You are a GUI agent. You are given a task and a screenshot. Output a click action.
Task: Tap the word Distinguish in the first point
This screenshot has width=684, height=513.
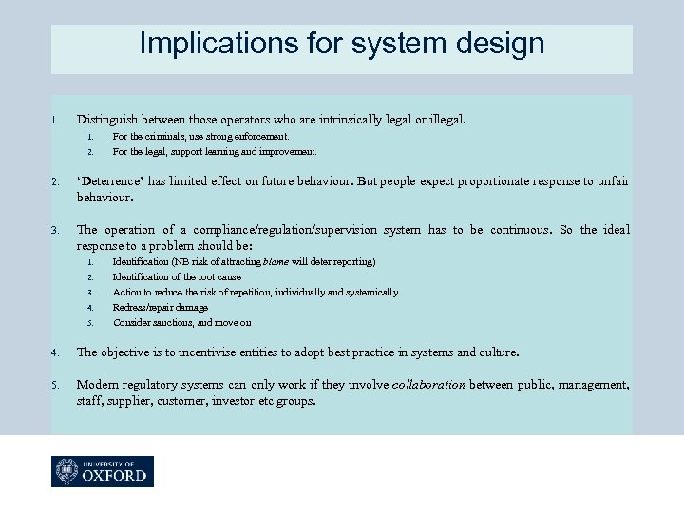[x=113, y=121]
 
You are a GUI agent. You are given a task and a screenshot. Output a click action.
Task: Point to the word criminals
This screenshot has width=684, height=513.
[x=156, y=137]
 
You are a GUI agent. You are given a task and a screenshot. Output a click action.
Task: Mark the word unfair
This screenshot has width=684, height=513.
[x=614, y=181]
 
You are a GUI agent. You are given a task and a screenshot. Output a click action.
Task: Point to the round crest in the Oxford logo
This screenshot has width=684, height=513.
[x=67, y=471]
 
